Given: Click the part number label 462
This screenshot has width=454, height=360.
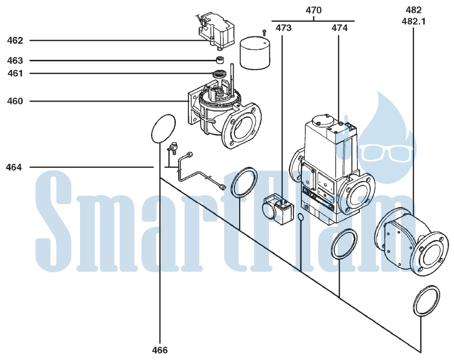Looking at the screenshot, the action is click(x=15, y=41).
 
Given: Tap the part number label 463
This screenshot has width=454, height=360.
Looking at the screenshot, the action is click(x=15, y=60).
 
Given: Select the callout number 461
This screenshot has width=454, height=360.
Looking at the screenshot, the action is click(x=15, y=74).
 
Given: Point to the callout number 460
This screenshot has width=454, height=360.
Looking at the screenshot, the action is click(x=15, y=102).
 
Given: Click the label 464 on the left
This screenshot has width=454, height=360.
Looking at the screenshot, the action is click(x=14, y=167).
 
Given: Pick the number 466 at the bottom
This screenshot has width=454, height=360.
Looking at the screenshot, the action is click(x=160, y=350).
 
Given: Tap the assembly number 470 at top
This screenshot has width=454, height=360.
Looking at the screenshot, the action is click(x=314, y=10).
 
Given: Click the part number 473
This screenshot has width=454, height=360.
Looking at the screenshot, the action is click(x=284, y=28).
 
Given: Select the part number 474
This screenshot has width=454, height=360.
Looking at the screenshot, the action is click(x=340, y=28).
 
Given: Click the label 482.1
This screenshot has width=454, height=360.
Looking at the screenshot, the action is click(x=414, y=22).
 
